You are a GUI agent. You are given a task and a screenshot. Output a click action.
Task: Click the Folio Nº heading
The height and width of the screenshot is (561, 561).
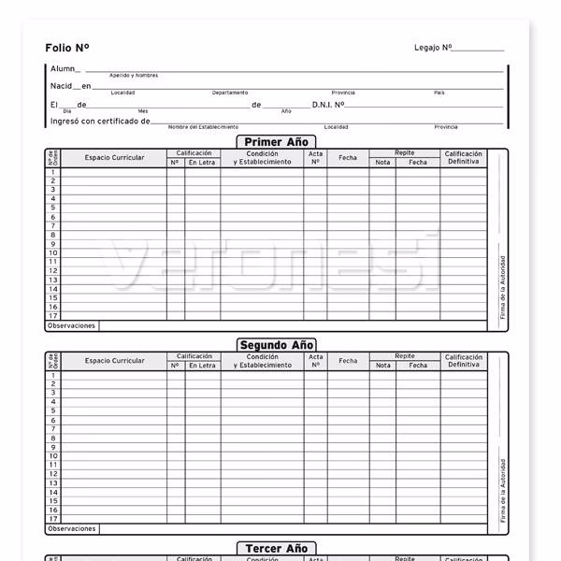(67, 47)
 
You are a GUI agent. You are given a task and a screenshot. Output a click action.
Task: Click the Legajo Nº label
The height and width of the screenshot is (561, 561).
(433, 47)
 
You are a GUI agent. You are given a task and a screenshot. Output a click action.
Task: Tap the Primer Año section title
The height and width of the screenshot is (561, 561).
(276, 142)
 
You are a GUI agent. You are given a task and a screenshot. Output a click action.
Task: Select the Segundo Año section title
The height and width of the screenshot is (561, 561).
(277, 345)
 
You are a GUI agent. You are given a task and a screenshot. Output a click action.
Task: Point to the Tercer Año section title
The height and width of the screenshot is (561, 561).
(276, 549)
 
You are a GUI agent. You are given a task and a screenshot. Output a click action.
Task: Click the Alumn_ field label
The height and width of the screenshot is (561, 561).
(65, 68)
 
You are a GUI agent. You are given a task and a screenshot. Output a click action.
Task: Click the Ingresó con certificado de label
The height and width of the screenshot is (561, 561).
(100, 121)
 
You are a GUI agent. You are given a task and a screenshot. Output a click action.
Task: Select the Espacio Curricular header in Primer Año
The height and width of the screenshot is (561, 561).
(114, 158)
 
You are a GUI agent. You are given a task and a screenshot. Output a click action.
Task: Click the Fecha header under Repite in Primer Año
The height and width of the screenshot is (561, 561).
(418, 163)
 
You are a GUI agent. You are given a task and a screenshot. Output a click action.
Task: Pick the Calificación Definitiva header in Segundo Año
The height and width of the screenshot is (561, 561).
(463, 361)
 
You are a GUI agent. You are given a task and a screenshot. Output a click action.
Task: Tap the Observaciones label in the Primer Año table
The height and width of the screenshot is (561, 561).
(71, 326)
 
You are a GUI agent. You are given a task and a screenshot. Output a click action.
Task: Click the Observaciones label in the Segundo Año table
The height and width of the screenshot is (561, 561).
(71, 529)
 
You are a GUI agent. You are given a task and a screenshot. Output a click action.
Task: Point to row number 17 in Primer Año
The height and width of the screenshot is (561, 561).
(53, 316)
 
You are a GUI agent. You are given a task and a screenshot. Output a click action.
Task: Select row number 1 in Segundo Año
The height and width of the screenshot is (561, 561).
(53, 375)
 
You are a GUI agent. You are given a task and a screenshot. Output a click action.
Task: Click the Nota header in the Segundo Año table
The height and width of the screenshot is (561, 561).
(382, 366)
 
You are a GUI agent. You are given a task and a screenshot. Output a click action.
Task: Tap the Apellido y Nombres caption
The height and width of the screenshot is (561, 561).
(134, 76)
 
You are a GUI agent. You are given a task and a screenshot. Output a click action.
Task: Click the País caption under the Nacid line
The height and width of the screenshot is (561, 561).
(439, 93)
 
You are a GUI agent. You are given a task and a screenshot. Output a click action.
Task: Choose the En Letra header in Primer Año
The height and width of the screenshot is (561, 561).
(202, 163)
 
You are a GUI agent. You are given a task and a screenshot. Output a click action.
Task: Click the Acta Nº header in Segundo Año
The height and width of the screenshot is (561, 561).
(315, 361)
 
